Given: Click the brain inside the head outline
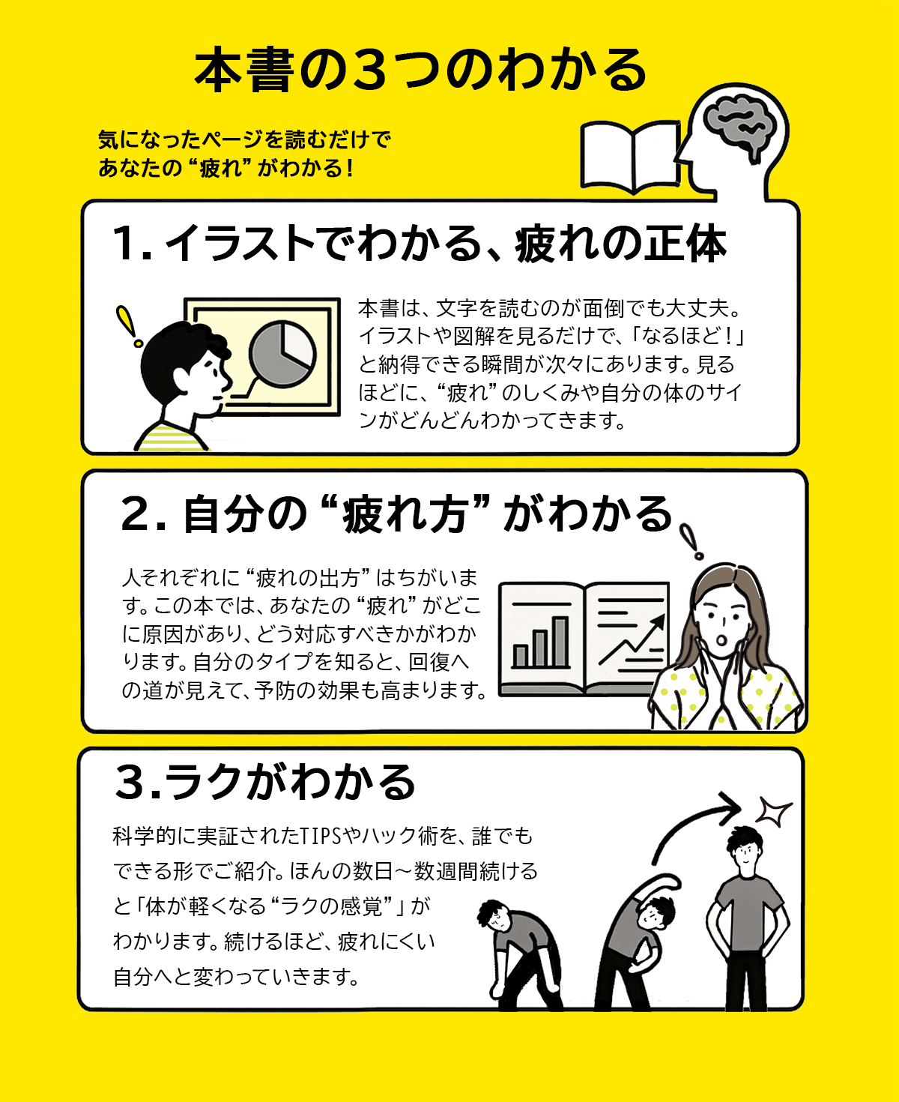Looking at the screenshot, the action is (x=738, y=124).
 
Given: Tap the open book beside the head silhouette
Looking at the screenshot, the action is (x=630, y=157).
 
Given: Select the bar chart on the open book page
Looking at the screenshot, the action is (x=541, y=642).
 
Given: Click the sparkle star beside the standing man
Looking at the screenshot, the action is (x=774, y=811).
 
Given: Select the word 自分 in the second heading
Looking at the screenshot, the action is (x=214, y=515).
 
